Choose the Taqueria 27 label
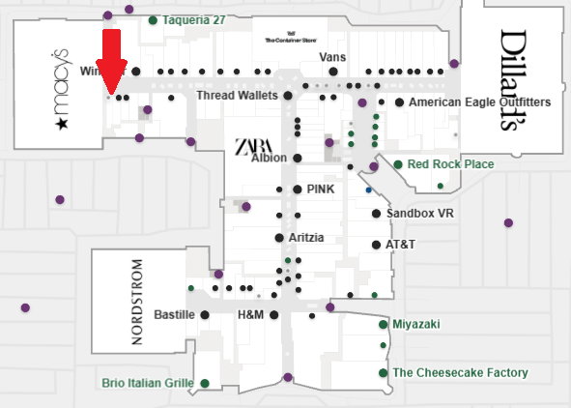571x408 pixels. tap(193, 20)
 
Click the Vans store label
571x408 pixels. tap(331, 57)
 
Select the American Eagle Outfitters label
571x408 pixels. tap(479, 102)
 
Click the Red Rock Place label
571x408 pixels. tap(450, 164)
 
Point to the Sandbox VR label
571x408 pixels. tap(420, 213)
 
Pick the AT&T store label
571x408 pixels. tap(400, 245)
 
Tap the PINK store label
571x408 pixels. tap(320, 189)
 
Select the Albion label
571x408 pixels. tap(270, 159)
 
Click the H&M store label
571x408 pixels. tap(250, 315)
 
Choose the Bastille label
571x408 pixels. tap(175, 315)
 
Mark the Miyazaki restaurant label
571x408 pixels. tap(415, 324)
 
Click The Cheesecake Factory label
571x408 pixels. tap(460, 372)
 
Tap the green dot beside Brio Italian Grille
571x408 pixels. tap(205, 384)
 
